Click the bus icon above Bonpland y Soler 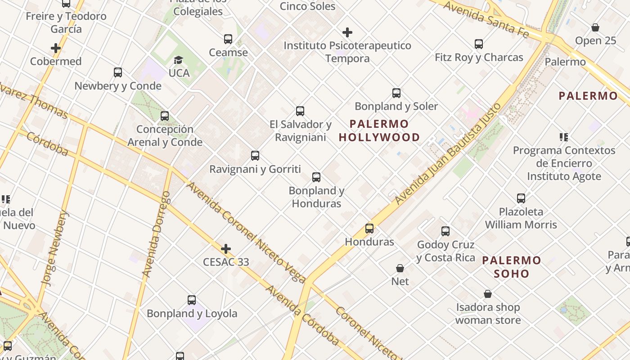coord(396,93)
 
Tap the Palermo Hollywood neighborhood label coord(379,130)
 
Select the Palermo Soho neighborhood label coord(512,267)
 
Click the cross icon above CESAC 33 coord(226,249)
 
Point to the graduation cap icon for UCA coord(179,60)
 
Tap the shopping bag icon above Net coord(400,268)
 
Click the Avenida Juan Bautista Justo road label coord(448,154)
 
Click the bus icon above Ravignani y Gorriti coord(255,156)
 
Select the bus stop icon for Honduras coord(369,228)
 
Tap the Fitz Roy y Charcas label coord(479,58)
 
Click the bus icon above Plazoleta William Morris coord(521,198)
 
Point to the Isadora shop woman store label coord(488,314)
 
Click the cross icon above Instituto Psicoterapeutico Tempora coord(347,32)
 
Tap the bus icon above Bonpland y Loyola coord(192,300)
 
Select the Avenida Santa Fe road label coord(486,19)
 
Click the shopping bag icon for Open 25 coord(595,27)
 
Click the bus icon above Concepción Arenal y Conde coord(165,116)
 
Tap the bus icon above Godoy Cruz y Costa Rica coord(445,231)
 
